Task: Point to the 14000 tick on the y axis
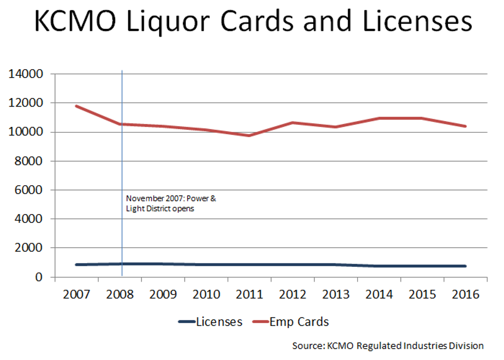(x=27, y=74)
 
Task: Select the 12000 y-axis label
(x=27, y=103)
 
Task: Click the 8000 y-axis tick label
(x=30, y=161)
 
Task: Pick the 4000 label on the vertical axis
(x=30, y=219)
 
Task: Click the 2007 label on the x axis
(x=77, y=295)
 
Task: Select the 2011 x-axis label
(x=249, y=295)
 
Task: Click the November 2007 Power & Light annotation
(x=171, y=204)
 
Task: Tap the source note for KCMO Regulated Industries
(x=388, y=346)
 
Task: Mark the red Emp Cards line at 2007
(x=76, y=106)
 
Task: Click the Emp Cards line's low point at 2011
(x=249, y=136)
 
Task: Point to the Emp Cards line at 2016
(x=465, y=126)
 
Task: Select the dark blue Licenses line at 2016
(x=465, y=266)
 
